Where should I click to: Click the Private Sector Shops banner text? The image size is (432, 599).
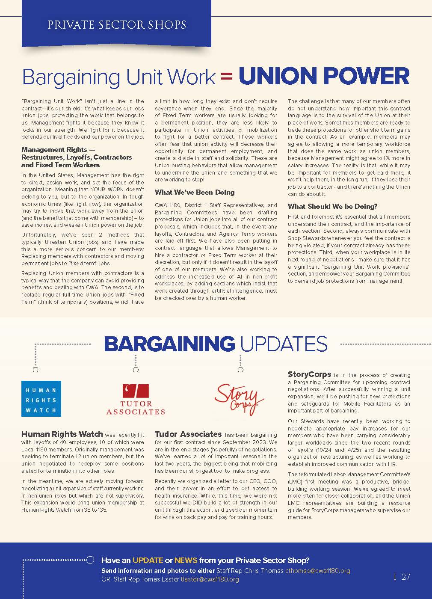(116, 24)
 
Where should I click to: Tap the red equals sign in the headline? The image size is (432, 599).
(227, 77)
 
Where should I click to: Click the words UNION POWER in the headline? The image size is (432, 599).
(324, 76)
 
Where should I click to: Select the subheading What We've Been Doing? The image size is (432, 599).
(195, 192)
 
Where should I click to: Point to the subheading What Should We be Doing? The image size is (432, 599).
(332, 206)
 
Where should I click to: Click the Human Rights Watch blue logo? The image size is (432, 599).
(41, 399)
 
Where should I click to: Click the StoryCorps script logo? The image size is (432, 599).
(239, 399)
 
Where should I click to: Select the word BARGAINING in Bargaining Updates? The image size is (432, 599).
(169, 344)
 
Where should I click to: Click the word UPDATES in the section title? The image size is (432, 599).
(283, 344)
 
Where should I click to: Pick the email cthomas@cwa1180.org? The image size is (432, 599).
(318, 571)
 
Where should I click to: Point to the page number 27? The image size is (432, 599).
(405, 577)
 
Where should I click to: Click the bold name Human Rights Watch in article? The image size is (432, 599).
(62, 434)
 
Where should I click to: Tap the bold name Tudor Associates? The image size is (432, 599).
(188, 434)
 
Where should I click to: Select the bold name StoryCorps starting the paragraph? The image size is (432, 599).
(309, 374)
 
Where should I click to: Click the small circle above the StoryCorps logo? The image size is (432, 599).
(240, 370)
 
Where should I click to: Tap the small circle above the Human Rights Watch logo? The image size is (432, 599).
(36, 370)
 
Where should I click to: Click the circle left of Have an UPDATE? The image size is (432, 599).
(90, 560)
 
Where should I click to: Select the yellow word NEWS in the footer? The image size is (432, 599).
(186, 560)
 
